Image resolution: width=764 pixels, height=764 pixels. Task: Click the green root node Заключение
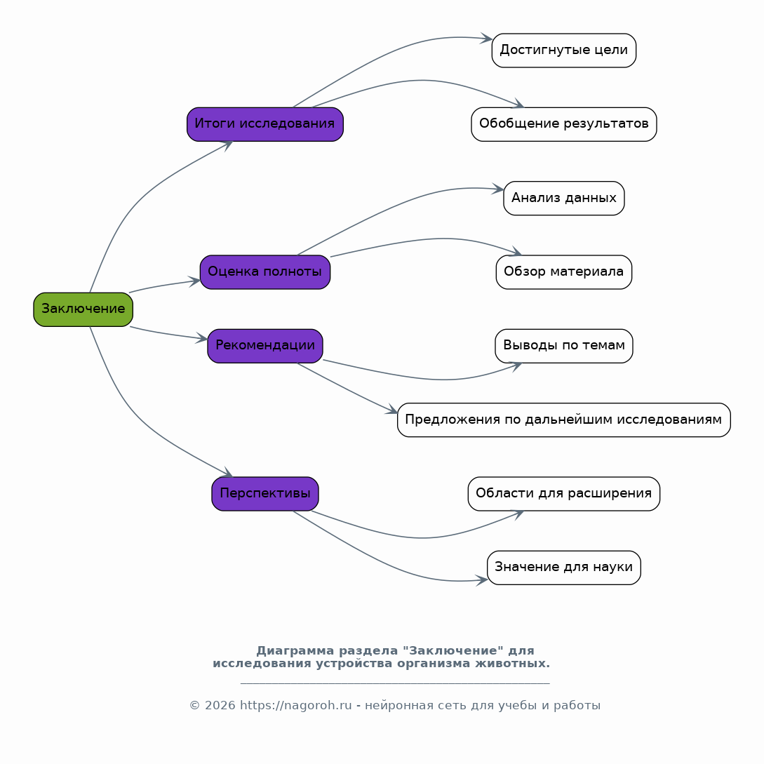click(83, 309)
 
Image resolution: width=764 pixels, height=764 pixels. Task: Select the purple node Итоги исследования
click(265, 124)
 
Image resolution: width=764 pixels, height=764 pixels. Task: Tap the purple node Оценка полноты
click(265, 272)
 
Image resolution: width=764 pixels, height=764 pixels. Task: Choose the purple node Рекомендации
click(265, 346)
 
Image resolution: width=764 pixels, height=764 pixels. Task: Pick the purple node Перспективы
click(265, 494)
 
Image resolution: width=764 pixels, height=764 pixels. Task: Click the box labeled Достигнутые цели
click(564, 51)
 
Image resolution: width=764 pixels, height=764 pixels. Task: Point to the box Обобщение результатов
click(564, 124)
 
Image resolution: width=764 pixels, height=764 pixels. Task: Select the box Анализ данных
click(564, 199)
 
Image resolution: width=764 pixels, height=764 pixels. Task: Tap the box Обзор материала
click(564, 272)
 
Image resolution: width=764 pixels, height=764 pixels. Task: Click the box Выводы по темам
click(564, 346)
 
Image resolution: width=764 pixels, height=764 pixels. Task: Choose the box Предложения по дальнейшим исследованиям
click(564, 420)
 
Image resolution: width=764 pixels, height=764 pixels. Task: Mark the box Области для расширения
click(564, 494)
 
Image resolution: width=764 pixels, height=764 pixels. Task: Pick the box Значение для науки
click(564, 568)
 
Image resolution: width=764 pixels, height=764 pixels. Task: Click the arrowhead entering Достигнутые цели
click(486, 38)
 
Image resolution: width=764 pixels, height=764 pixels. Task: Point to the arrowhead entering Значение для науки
click(482, 579)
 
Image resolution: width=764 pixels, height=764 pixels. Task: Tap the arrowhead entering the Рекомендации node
click(202, 338)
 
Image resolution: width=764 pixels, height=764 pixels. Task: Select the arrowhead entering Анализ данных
click(497, 189)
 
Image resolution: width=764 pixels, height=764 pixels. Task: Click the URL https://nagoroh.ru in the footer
click(296, 706)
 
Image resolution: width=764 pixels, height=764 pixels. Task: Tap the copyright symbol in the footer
click(195, 706)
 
